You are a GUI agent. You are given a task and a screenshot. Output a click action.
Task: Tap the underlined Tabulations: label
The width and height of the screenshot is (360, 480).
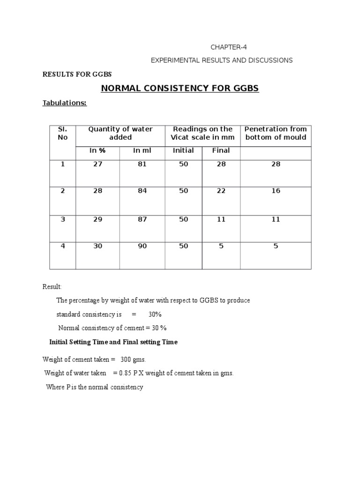click(x=65, y=103)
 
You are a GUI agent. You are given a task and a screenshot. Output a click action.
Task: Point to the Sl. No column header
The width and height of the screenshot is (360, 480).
click(x=62, y=133)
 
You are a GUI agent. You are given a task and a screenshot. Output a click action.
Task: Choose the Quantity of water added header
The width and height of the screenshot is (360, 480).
click(x=120, y=133)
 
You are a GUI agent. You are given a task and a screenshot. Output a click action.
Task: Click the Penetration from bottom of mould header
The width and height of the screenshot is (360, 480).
click(x=276, y=133)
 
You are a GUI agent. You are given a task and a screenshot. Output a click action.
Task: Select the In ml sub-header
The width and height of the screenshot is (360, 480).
click(x=142, y=150)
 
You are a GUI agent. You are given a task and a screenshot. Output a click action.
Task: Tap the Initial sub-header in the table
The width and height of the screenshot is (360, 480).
click(x=183, y=150)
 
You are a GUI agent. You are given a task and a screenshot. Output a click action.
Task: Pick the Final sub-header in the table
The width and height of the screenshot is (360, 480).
click(x=221, y=150)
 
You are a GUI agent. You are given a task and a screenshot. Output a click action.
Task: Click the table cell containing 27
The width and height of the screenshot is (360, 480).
click(x=97, y=165)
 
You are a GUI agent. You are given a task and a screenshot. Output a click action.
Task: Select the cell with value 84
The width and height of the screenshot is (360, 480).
click(x=142, y=191)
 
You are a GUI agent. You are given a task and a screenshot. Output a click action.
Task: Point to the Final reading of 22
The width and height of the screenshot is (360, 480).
click(x=221, y=191)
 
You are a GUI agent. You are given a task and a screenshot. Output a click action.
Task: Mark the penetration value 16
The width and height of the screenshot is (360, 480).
click(x=276, y=191)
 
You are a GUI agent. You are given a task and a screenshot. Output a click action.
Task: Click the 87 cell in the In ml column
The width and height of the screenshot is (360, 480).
click(x=142, y=219)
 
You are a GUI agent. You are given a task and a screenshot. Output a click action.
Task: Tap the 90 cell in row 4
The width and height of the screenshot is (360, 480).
click(x=142, y=246)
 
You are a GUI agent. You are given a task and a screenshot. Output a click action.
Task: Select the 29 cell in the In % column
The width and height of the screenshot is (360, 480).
click(x=97, y=219)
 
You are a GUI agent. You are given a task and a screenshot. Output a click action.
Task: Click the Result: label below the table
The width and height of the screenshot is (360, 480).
click(x=52, y=287)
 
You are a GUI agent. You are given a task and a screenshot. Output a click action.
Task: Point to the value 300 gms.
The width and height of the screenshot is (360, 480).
click(x=133, y=360)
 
